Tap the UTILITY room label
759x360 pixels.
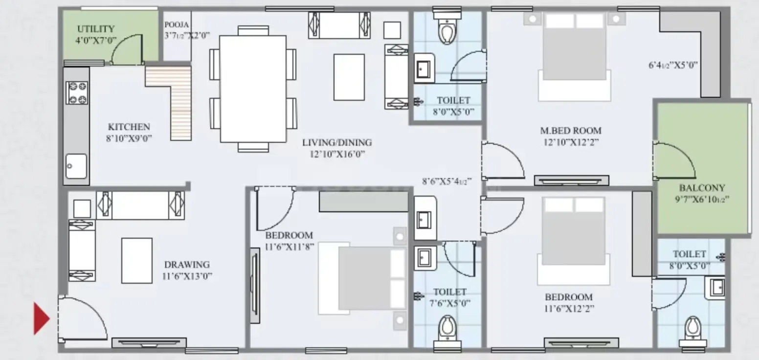[x=96, y=29]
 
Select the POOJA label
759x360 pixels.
[x=177, y=25]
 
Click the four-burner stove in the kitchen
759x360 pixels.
[x=77, y=92]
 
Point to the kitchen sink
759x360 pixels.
[x=76, y=166]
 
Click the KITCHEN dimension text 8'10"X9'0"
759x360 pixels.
[x=129, y=138]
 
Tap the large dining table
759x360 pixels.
[x=253, y=89]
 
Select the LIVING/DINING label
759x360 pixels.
[x=337, y=142]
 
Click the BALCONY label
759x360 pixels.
[x=702, y=188]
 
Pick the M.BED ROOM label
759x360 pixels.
[x=571, y=131]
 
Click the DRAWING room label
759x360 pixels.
[x=187, y=265]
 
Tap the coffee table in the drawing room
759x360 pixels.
[x=137, y=260]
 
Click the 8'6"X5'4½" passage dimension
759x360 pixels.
[x=446, y=181]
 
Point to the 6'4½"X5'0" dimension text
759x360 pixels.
[x=673, y=65]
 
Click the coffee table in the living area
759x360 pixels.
[x=349, y=77]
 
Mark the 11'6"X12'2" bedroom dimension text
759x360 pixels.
[x=569, y=309]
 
